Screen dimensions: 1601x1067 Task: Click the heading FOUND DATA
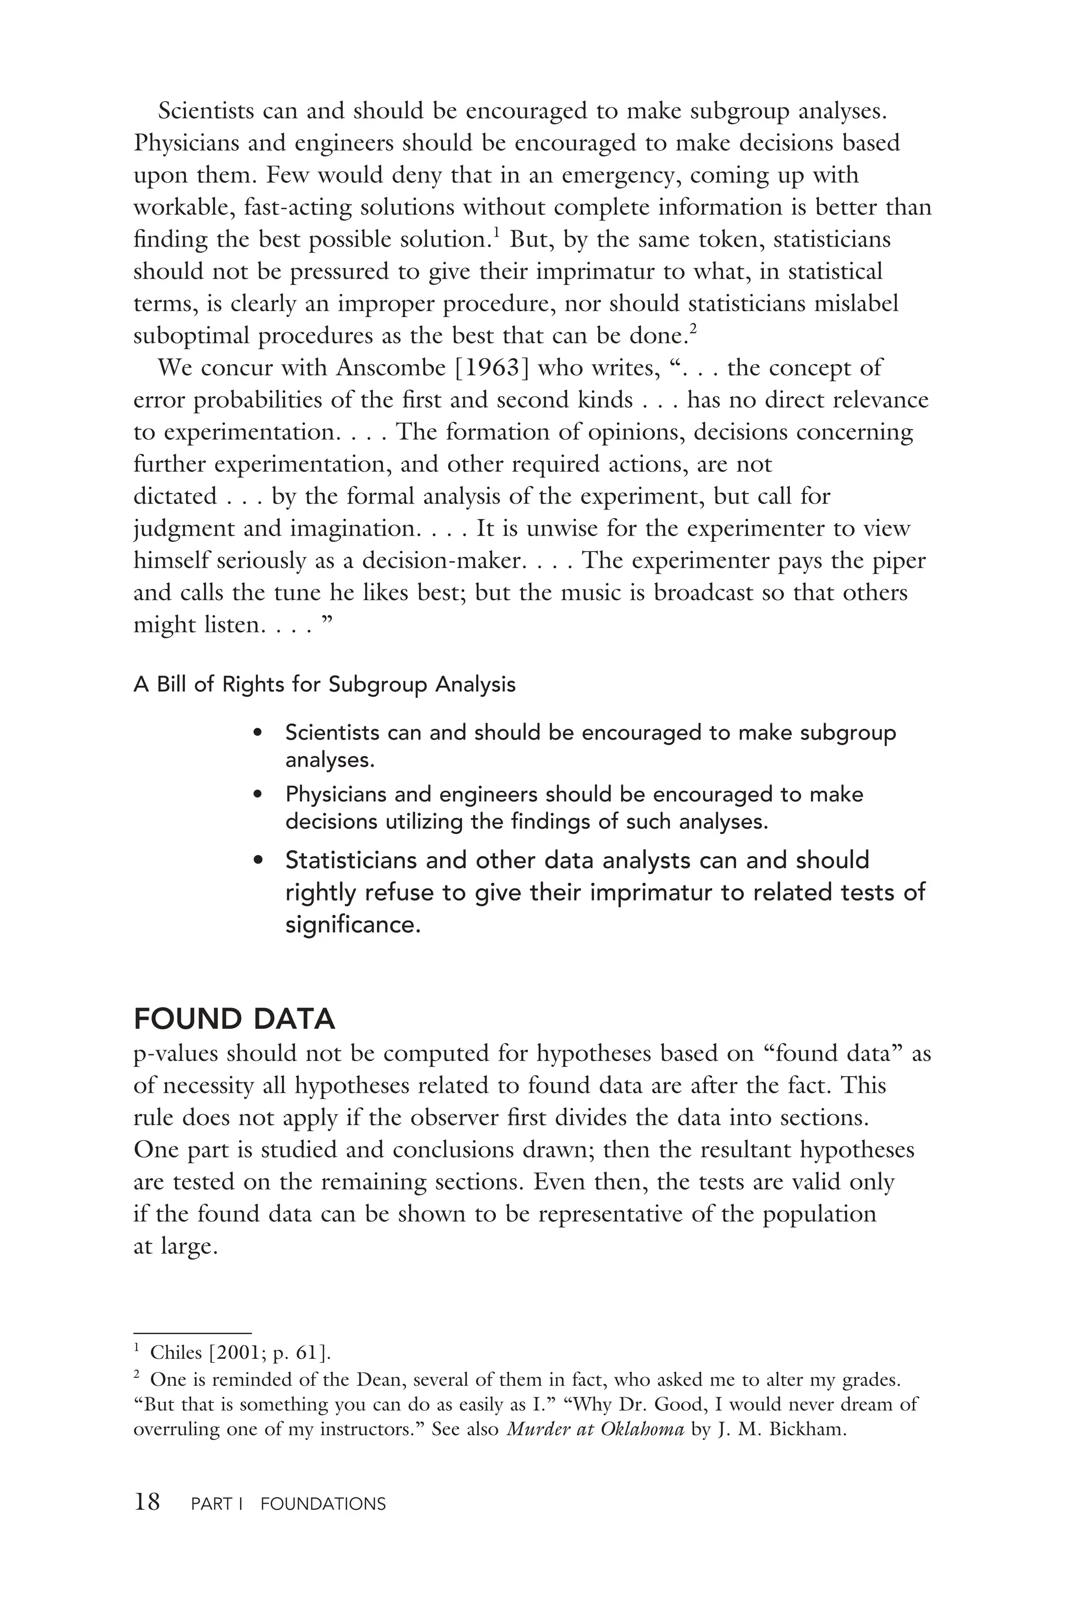point(234,1019)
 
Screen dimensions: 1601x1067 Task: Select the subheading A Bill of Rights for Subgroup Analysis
point(325,684)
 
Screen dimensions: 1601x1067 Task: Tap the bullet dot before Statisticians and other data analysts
point(257,861)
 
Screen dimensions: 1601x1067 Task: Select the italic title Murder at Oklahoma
point(595,1429)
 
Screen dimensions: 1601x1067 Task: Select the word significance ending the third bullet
point(353,925)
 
